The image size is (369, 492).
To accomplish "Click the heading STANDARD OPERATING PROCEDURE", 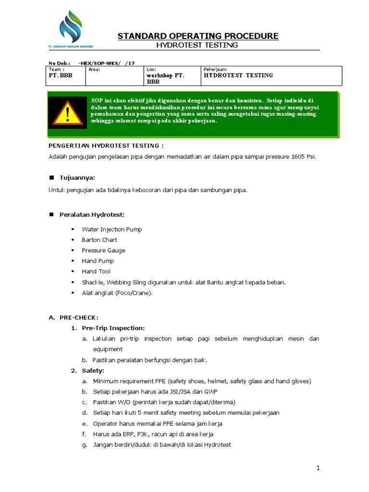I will (x=198, y=36).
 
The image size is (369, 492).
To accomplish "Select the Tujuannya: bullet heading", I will (x=77, y=177).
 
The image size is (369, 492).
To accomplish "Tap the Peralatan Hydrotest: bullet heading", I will (x=92, y=214).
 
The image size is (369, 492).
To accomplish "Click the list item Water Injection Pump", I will (x=111, y=229).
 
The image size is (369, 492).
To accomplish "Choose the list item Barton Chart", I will (x=99, y=240).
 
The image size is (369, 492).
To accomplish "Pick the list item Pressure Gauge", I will (x=103, y=250).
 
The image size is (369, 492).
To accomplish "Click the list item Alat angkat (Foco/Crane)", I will (x=117, y=293).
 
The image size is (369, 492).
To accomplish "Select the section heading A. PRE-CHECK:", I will (x=73, y=318).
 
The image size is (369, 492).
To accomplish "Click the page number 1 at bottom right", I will (x=318, y=467).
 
